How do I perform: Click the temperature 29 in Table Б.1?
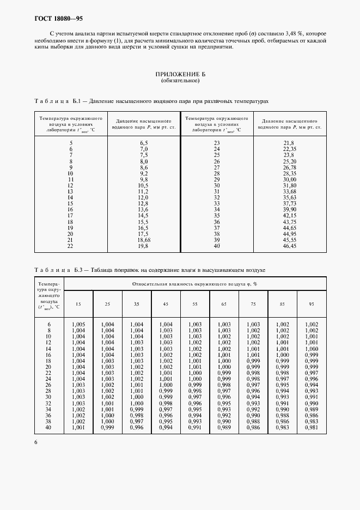217,179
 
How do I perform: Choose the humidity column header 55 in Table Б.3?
195,303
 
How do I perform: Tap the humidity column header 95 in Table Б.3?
312,303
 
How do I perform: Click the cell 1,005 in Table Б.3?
78,324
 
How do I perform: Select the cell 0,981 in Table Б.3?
312,428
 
